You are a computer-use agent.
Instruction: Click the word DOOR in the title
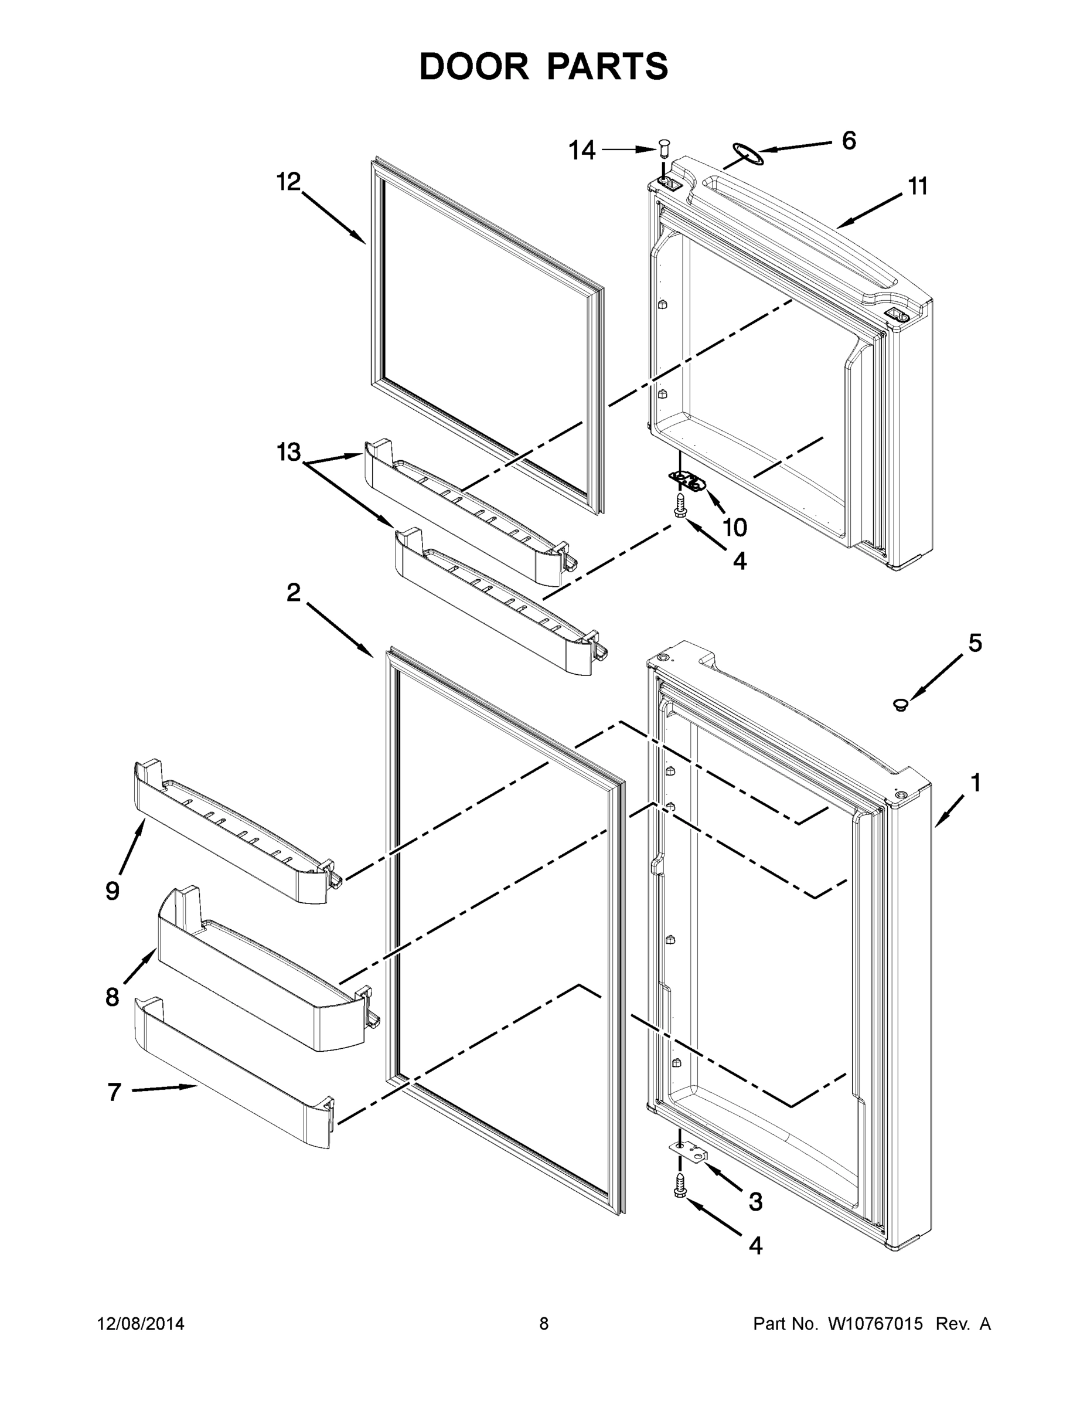pos(473,66)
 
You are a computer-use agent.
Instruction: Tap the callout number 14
pos(581,151)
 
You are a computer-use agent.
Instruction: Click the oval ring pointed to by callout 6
pos(747,154)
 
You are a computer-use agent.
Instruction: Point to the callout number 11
pos(918,187)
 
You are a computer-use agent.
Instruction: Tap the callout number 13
pos(288,452)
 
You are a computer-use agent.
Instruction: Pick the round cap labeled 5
pos(900,704)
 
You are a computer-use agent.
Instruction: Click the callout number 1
pos(975,783)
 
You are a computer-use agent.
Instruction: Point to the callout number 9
pos(113,891)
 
